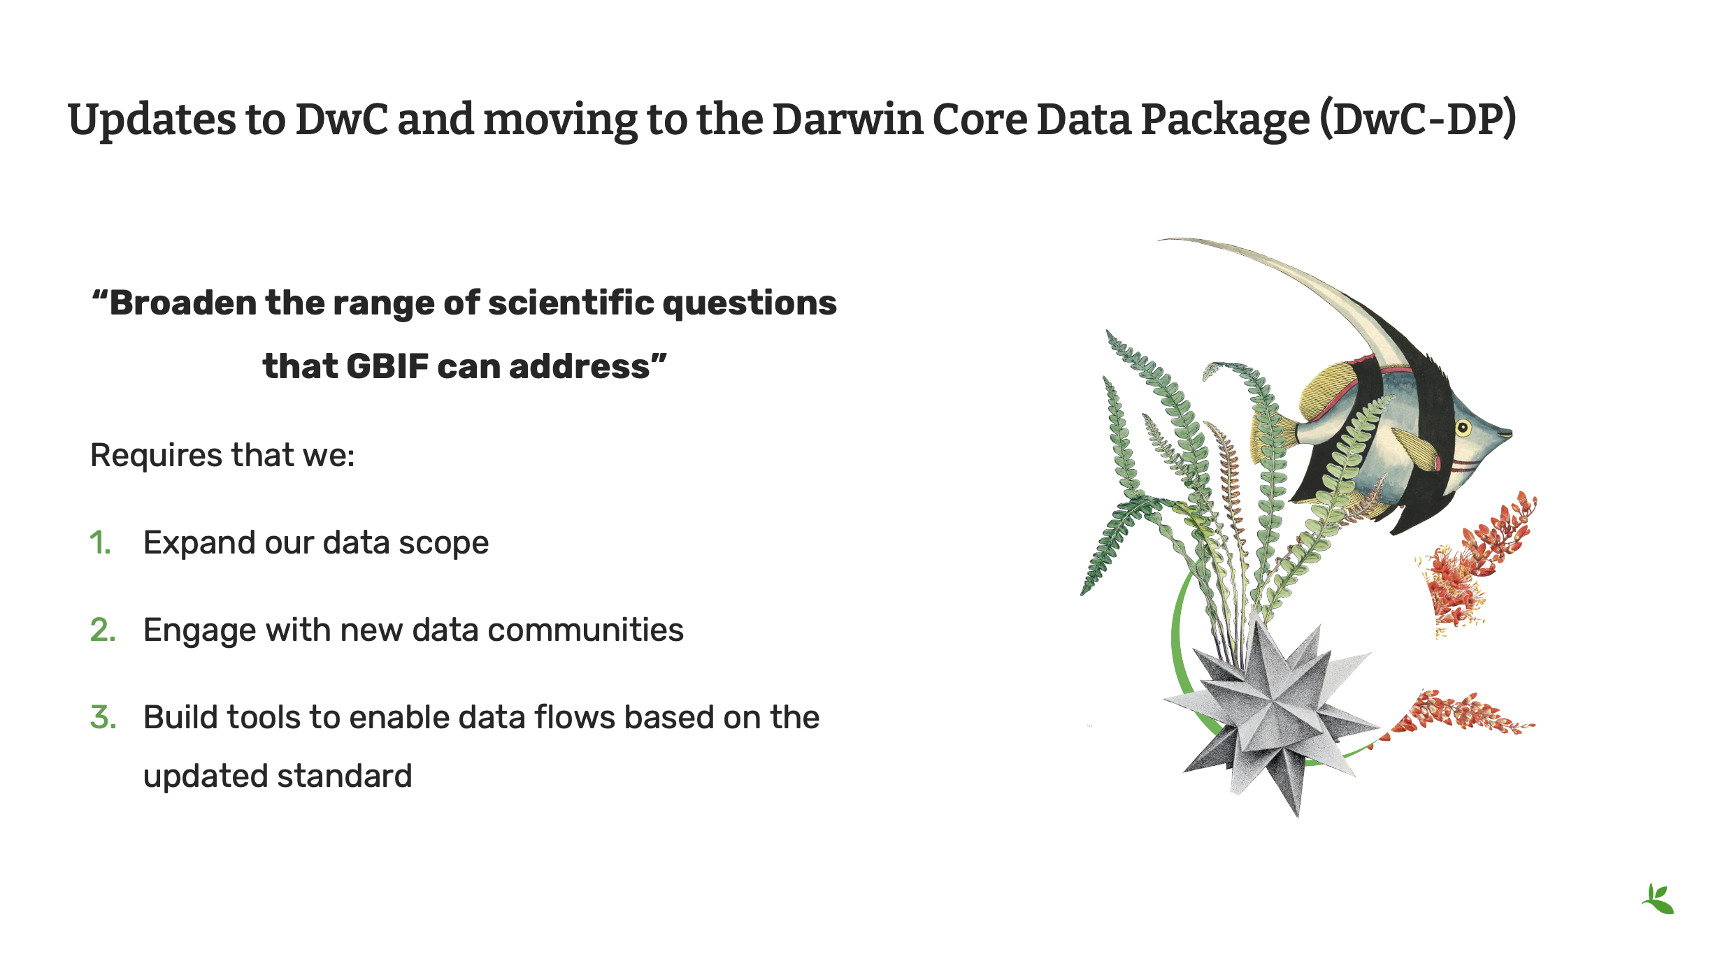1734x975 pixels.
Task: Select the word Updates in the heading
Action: point(152,120)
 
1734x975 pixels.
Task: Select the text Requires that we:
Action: point(223,455)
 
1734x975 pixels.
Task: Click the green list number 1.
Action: point(100,543)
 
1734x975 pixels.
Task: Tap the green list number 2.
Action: point(103,630)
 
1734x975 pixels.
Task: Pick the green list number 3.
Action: point(103,717)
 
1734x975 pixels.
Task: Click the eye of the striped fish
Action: point(1463,427)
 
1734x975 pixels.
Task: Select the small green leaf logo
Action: point(1658,899)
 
